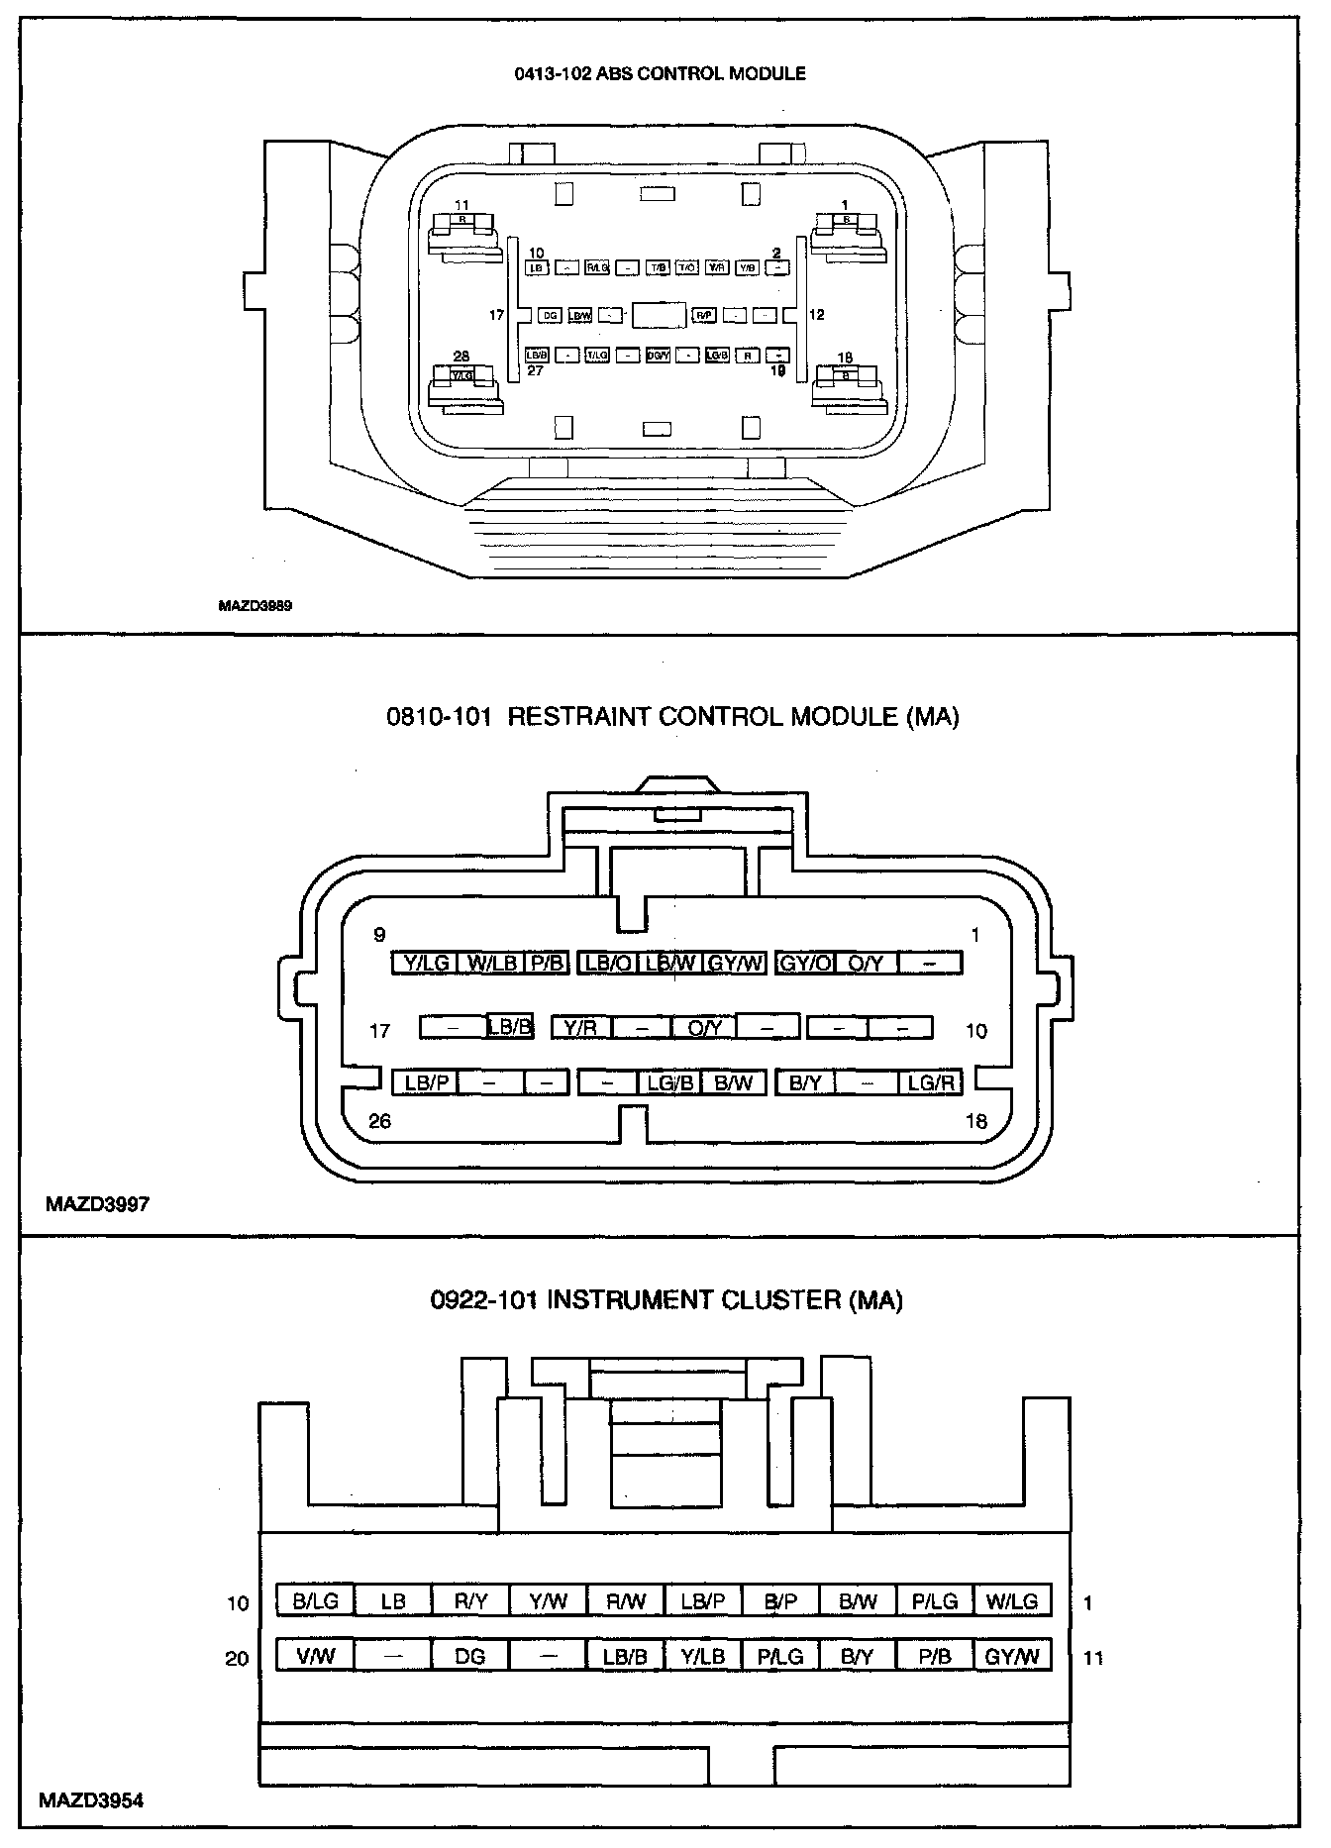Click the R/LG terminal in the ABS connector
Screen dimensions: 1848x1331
[x=596, y=267]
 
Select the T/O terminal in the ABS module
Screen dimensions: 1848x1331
[x=687, y=267]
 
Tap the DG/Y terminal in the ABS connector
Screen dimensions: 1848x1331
[x=658, y=355]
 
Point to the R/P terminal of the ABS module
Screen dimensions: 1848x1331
[x=704, y=315]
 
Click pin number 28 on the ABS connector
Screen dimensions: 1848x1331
[x=461, y=357]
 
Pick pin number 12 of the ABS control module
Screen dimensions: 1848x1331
[x=816, y=315]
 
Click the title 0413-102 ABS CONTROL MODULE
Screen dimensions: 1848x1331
[x=660, y=73]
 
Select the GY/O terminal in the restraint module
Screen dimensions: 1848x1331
[x=806, y=963]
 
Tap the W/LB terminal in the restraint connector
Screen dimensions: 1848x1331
[x=492, y=963]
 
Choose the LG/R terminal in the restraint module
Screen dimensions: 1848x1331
[x=931, y=1082]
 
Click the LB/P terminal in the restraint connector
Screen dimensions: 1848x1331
[x=427, y=1082]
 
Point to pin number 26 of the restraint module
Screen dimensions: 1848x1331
[x=379, y=1121]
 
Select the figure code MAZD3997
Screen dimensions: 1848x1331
[x=97, y=1205]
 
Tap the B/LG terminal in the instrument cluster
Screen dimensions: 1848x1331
[x=316, y=1601]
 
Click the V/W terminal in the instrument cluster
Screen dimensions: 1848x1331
[x=316, y=1655]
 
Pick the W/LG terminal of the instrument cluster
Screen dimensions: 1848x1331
[x=1012, y=1601]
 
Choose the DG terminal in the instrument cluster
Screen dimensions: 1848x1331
[x=470, y=1655]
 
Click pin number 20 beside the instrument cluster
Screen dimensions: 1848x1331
[x=238, y=1658]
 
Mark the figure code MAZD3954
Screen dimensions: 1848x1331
[x=91, y=1800]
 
